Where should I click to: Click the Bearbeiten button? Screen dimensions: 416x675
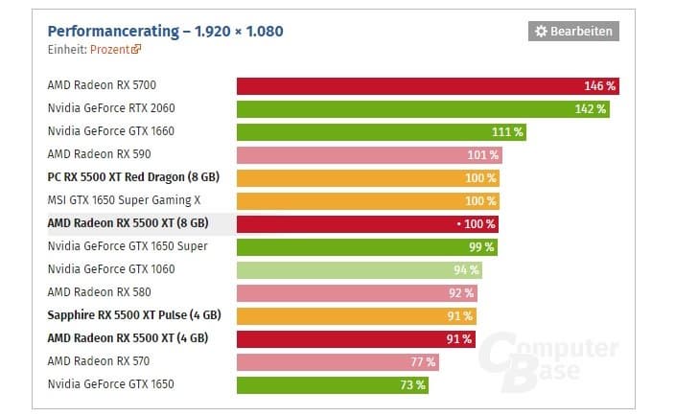click(573, 32)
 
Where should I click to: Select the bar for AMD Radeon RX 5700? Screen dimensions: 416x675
click(427, 85)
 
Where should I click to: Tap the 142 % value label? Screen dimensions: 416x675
click(591, 108)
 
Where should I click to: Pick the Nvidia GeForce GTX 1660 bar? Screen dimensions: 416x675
click(382, 131)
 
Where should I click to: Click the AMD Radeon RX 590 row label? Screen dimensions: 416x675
click(99, 154)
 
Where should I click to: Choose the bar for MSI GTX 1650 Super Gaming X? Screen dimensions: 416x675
click(368, 200)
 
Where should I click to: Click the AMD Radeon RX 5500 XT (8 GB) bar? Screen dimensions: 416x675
click(367, 223)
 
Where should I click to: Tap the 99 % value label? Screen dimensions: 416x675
click(481, 246)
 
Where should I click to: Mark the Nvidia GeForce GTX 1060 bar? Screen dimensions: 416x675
click(360, 269)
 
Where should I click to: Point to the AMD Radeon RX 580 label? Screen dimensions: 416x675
click(99, 292)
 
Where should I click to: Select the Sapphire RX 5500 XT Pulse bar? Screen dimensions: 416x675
click(357, 315)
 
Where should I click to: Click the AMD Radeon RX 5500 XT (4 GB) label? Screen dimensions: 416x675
click(128, 338)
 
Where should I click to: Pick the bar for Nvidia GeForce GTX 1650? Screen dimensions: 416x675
click(332, 384)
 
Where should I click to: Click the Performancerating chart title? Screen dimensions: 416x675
click(165, 32)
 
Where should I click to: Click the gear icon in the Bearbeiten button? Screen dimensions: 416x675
click(541, 32)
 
